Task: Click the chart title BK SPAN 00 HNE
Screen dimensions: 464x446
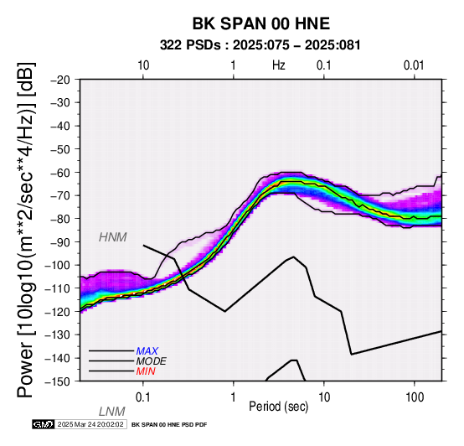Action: point(261,23)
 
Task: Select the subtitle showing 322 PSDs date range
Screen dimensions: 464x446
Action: point(260,45)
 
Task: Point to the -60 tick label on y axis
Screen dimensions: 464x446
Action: point(60,173)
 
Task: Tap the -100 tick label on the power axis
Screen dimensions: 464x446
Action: point(58,265)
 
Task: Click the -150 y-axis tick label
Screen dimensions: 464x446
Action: point(58,381)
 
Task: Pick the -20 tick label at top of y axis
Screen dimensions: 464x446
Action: point(60,80)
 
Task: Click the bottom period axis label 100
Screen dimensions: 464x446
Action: point(415,397)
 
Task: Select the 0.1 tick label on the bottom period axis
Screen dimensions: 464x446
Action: point(143,397)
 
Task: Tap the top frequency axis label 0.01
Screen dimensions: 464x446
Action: point(414,65)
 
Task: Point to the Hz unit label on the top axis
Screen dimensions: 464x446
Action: point(279,65)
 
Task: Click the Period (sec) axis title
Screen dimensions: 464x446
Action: point(278,407)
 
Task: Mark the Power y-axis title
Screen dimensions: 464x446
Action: point(26,230)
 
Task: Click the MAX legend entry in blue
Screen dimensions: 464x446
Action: point(147,351)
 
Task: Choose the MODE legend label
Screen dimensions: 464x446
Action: point(152,361)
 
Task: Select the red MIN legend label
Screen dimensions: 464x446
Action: point(146,371)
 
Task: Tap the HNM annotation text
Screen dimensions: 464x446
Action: point(113,237)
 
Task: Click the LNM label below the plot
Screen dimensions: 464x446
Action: point(112,412)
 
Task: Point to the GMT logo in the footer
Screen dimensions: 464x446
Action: point(44,424)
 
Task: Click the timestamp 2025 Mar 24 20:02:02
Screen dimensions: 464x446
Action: point(90,424)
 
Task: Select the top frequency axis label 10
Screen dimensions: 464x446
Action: point(143,65)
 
